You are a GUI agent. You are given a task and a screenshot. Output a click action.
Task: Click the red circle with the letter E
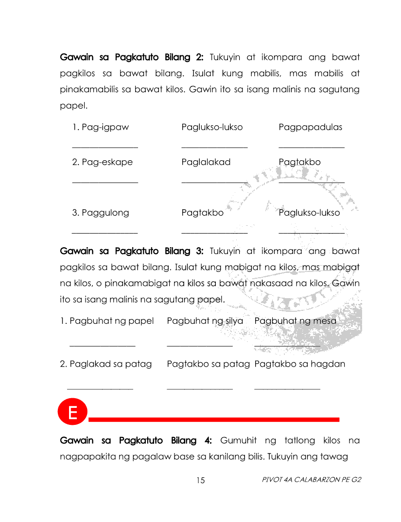point(72,413)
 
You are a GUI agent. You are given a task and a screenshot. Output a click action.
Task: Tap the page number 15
point(201,480)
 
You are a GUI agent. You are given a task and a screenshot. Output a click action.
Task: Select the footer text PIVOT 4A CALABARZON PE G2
point(312,480)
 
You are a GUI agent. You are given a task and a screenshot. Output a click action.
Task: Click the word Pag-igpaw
point(101,128)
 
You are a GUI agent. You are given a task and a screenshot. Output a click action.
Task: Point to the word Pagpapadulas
point(310,128)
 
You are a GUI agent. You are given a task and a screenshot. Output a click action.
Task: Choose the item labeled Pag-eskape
point(102,162)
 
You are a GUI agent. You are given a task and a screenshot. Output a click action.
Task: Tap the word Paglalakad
point(206,162)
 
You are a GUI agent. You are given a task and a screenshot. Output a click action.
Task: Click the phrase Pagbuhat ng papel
point(107,321)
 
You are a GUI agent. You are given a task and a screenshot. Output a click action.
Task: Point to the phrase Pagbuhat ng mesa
point(295,321)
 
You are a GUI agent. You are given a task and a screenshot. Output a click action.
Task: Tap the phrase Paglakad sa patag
point(106,364)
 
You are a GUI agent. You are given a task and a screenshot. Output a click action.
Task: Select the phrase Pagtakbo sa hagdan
point(299,364)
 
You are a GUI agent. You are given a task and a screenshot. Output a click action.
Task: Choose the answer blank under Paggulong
point(105,233)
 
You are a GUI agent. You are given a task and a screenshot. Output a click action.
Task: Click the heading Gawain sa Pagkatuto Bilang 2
point(131,57)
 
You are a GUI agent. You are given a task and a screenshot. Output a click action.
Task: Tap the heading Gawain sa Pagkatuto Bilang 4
point(136,441)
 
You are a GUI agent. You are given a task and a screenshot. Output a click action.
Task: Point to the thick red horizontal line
point(214,419)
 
